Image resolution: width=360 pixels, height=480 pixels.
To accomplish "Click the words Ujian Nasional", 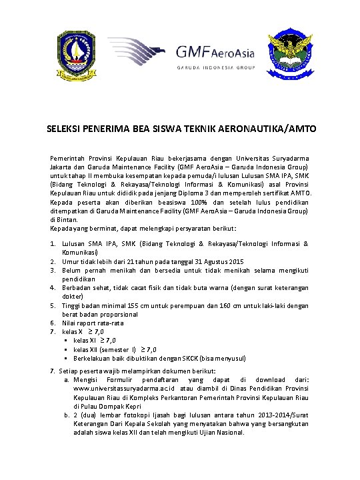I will click(224, 431).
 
